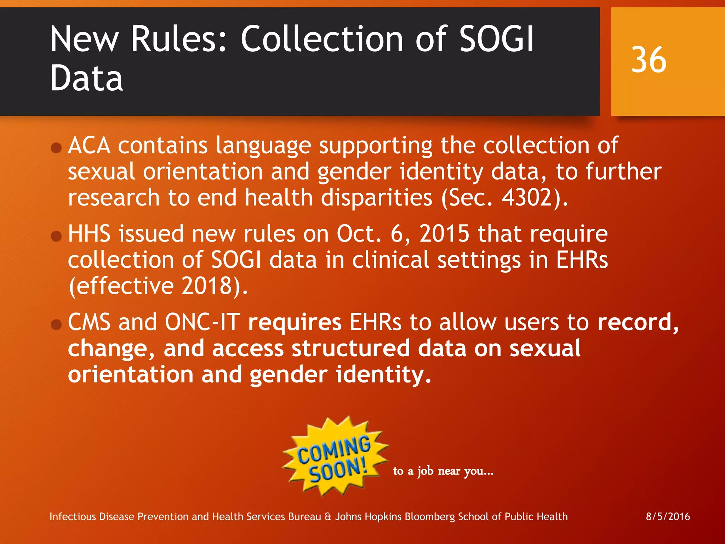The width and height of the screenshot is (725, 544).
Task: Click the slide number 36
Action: [649, 60]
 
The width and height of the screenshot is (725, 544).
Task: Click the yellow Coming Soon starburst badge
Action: [335, 457]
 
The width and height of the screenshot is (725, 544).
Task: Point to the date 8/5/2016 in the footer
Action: [668, 516]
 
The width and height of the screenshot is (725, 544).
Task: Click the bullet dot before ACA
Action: [56, 147]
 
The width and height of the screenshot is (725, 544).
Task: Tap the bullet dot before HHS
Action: [56, 236]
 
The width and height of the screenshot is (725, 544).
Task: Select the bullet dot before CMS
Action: [56, 324]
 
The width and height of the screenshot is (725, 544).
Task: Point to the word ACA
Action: [89, 146]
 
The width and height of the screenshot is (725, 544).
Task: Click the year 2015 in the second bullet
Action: [444, 234]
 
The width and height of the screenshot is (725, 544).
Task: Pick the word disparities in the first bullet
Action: [376, 197]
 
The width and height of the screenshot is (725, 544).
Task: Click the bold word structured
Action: [350, 348]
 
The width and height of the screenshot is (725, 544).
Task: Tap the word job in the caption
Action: [425, 471]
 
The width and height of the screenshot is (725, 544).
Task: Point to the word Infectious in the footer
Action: [73, 517]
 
